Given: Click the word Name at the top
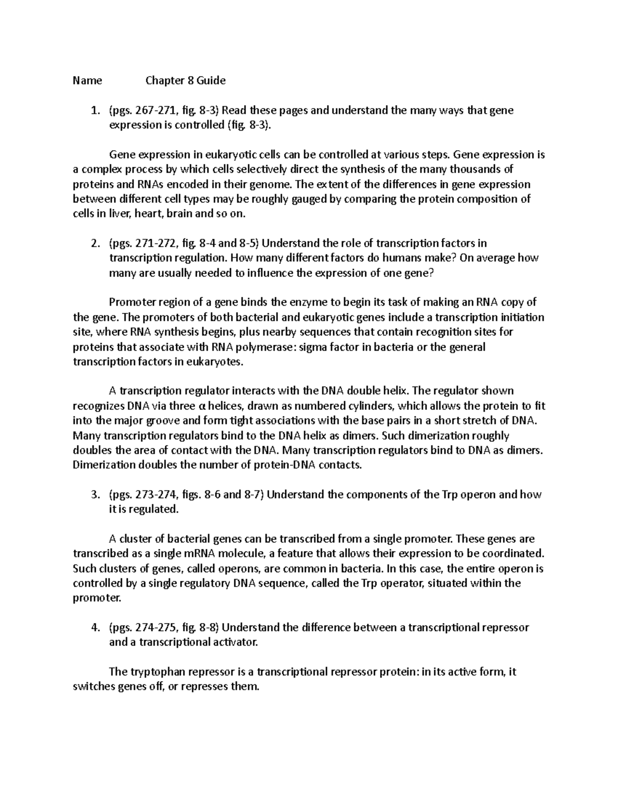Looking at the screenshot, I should pos(87,80).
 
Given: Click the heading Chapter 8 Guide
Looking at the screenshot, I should pos(185,80).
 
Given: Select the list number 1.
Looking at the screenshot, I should pos(94,110).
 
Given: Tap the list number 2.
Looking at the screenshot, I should pos(94,243).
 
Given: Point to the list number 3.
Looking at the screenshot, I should pos(94,494).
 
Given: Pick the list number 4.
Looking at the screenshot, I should pos(94,627).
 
